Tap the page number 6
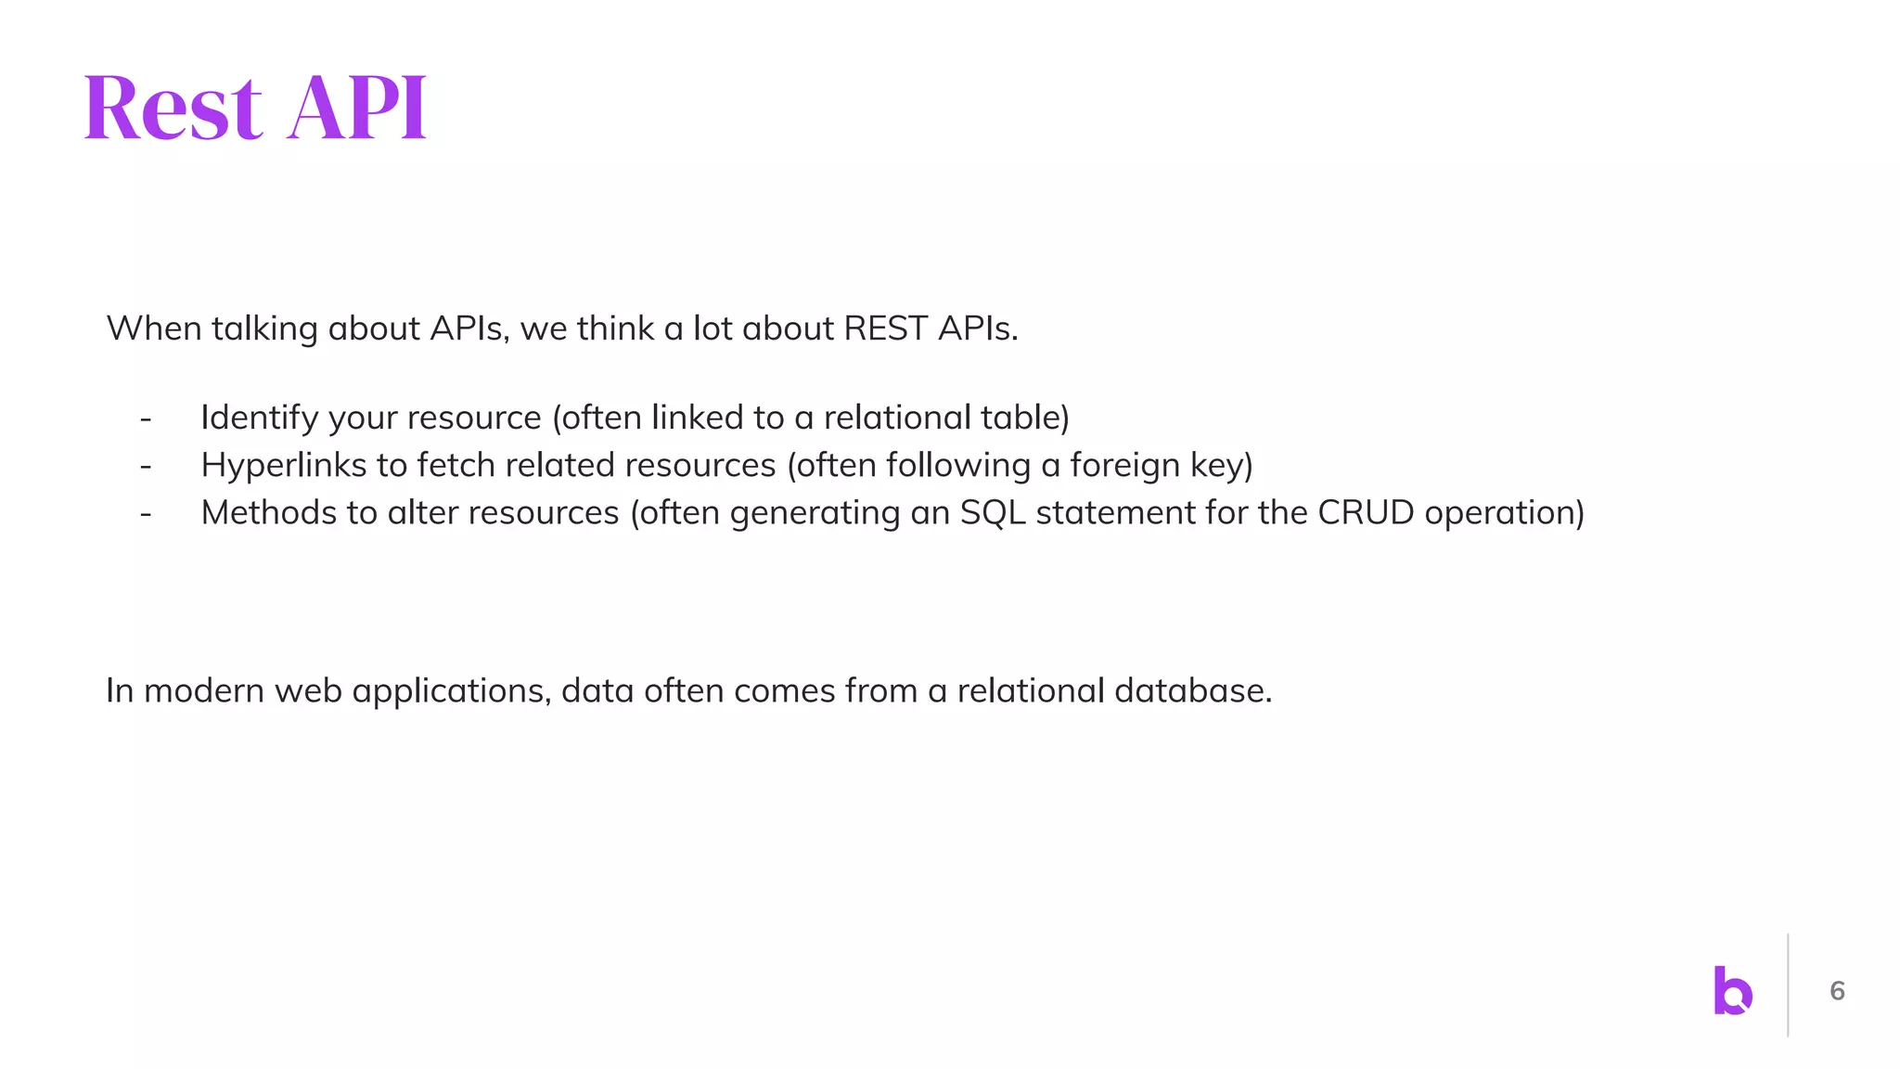pos(1837,991)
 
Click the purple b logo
pos(1732,991)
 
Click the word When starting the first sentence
pos(153,328)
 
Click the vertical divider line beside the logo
pos(1788,985)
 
